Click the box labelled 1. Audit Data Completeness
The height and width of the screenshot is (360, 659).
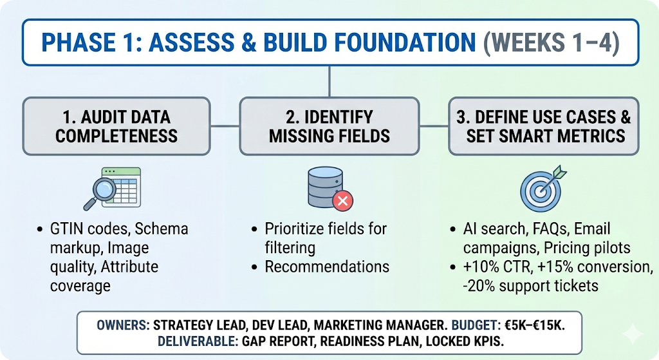[116, 126]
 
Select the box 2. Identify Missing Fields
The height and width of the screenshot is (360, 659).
[329, 126]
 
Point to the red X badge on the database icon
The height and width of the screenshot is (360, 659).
[342, 202]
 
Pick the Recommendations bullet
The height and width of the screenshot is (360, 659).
[327, 267]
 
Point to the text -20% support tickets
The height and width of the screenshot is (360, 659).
[532, 285]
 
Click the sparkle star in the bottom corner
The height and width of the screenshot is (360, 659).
[633, 334]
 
